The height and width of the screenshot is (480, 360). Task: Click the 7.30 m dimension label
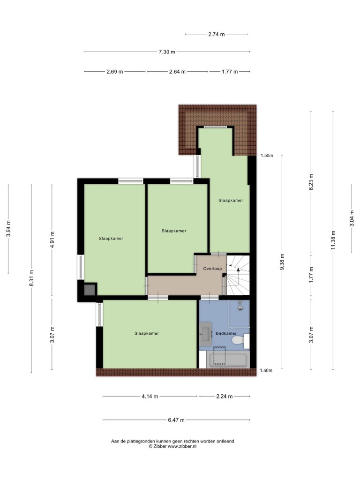(x=167, y=52)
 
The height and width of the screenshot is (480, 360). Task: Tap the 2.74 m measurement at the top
(x=217, y=34)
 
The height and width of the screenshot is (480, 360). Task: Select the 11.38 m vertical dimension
(x=333, y=240)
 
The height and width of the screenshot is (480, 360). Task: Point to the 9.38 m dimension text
(x=282, y=262)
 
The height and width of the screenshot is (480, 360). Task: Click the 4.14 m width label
(x=150, y=397)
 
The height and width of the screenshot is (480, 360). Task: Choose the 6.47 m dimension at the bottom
(x=176, y=420)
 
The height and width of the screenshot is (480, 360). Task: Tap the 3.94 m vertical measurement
(x=8, y=228)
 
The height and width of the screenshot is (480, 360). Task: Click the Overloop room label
(x=212, y=269)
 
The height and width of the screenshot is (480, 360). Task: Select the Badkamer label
(x=226, y=333)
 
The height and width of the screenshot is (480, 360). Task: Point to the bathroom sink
(x=205, y=334)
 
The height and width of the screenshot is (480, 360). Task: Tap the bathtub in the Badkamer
(x=228, y=359)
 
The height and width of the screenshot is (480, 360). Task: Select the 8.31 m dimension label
(x=31, y=278)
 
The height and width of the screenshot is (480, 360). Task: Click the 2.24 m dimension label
(x=224, y=397)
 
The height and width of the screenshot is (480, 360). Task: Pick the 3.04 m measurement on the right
(x=352, y=218)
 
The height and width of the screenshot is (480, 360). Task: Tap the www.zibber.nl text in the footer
(x=182, y=446)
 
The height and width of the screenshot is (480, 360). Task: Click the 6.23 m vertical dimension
(x=311, y=182)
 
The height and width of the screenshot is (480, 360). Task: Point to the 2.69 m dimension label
(x=115, y=72)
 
